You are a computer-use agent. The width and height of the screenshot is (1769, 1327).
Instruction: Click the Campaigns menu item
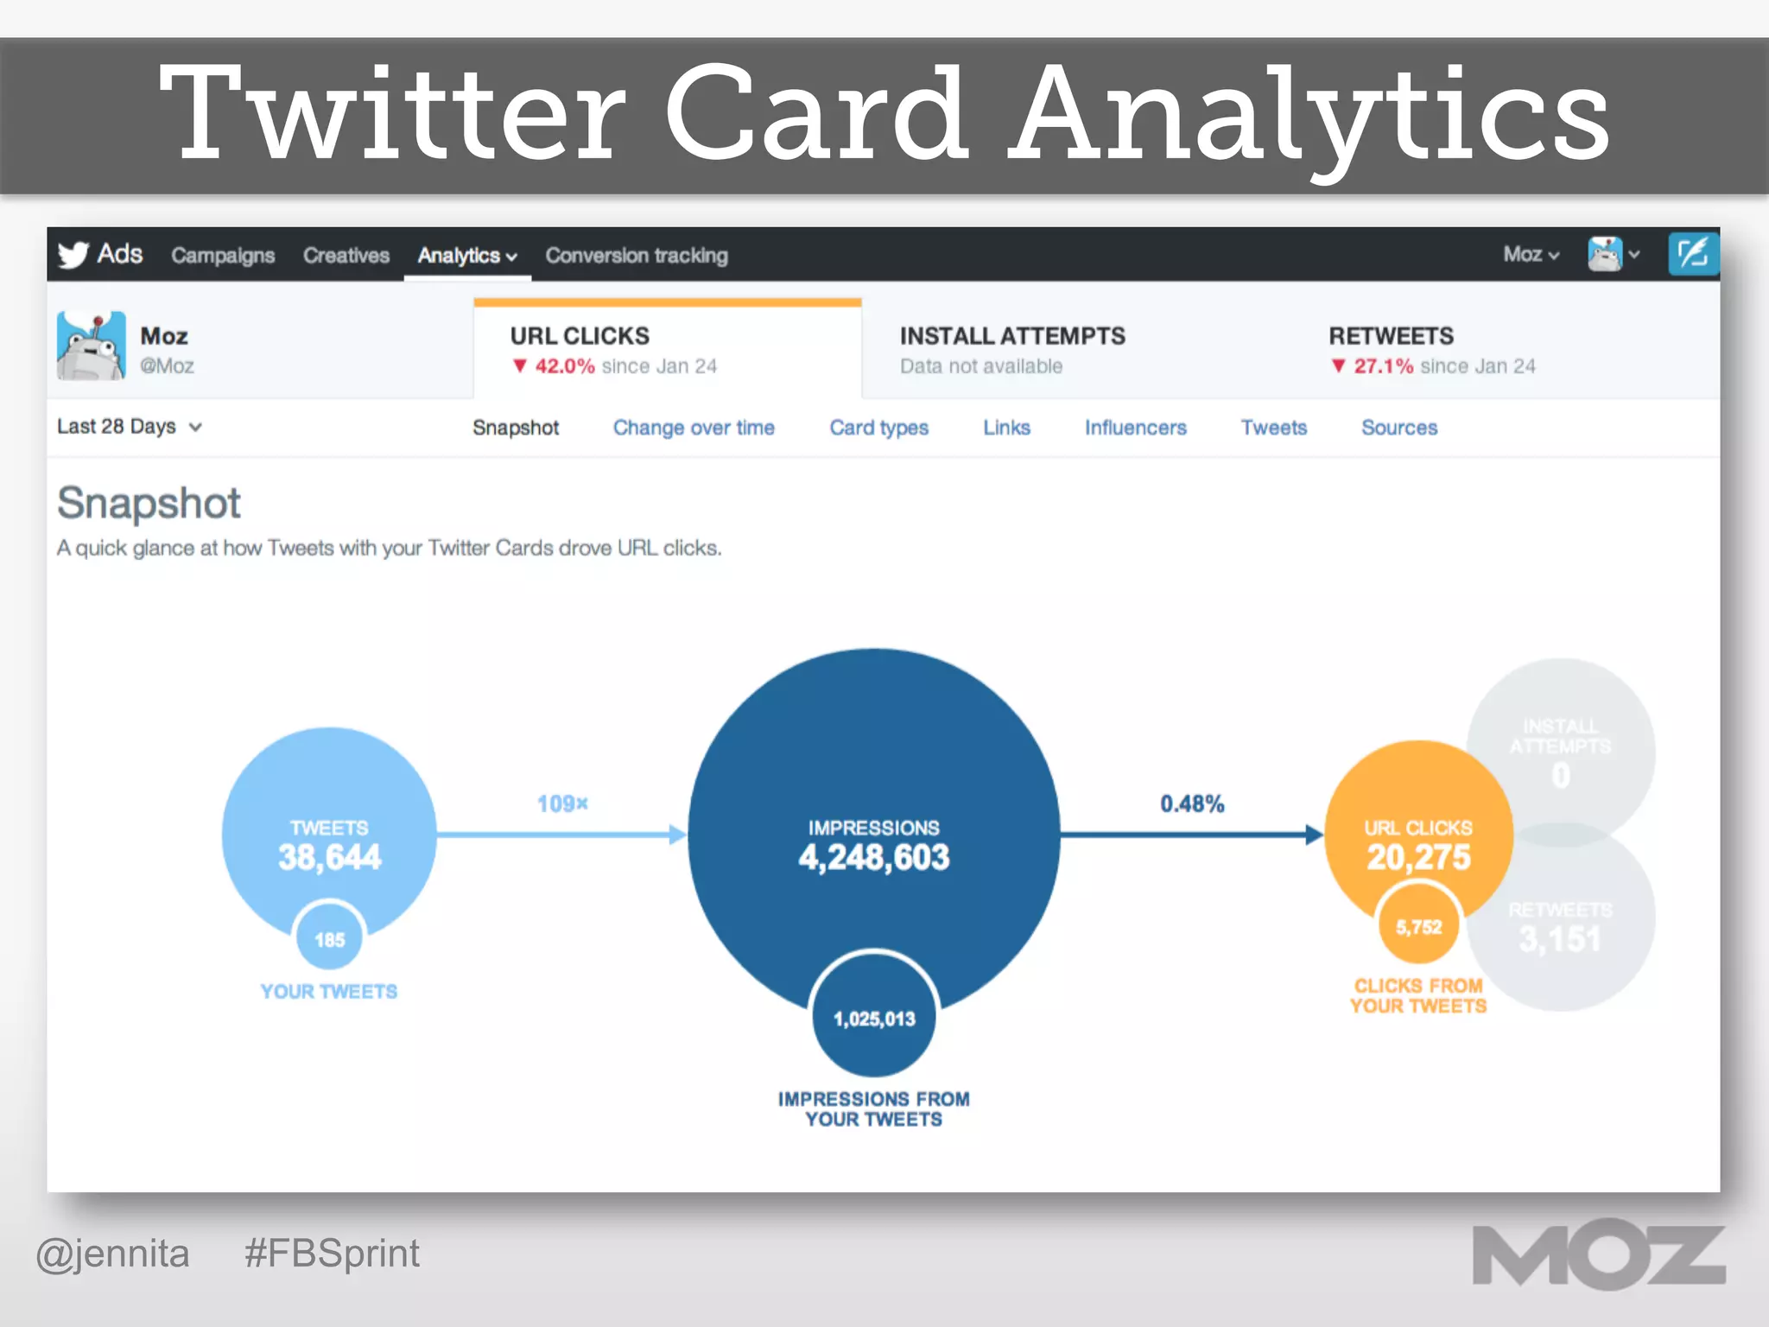(223, 256)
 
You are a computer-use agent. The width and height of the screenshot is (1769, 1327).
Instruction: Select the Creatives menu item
(346, 256)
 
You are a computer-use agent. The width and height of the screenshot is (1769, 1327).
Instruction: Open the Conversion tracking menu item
(636, 256)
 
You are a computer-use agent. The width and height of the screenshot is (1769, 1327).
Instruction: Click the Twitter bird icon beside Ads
(73, 255)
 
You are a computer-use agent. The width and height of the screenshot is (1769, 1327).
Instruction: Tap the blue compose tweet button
(1692, 254)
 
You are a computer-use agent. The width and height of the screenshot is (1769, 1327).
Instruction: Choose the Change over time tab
(694, 428)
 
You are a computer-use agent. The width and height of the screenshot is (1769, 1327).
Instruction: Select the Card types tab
(878, 428)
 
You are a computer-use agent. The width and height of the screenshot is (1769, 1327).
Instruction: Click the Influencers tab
(1135, 428)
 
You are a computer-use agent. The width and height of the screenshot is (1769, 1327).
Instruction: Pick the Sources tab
(1399, 428)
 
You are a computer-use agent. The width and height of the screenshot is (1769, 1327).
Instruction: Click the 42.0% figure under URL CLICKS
(564, 366)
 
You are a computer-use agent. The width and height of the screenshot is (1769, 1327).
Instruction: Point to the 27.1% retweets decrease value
(1383, 366)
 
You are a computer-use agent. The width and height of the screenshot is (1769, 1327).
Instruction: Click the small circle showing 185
(329, 939)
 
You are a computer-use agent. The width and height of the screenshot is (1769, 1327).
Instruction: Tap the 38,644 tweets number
(329, 857)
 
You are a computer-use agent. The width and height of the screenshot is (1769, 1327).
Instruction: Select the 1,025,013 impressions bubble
(874, 1018)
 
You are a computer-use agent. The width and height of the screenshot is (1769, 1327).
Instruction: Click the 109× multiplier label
(562, 804)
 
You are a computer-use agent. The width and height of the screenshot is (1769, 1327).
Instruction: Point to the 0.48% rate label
(1192, 804)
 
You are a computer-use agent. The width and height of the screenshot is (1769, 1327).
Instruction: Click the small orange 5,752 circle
(1418, 927)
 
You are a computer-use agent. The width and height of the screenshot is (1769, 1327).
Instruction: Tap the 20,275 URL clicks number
(1418, 857)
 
